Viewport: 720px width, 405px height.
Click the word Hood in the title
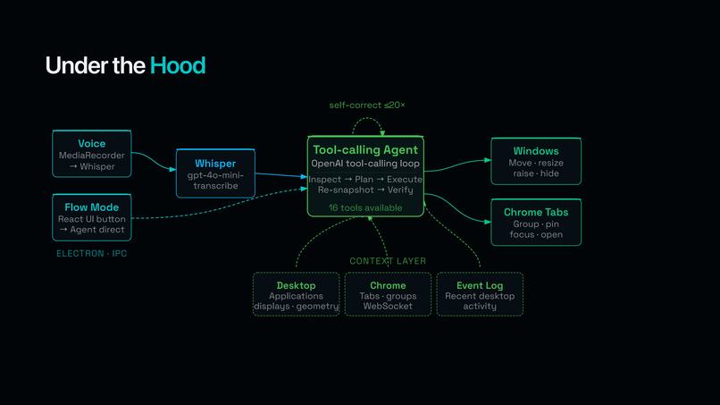[178, 65]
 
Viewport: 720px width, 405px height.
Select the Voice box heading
[91, 143]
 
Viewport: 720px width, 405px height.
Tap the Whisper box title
[214, 164]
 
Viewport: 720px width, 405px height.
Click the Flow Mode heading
[91, 207]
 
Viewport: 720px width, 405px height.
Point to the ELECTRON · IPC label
[91, 254]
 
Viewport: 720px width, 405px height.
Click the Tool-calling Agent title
[365, 150]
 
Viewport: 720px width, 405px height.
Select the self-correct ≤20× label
[366, 105]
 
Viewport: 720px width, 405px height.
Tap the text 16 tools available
[365, 207]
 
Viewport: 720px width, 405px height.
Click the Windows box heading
[536, 151]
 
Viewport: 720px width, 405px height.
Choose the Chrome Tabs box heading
[536, 212]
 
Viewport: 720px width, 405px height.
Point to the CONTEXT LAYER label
[388, 261]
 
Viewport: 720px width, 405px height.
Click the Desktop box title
[296, 285]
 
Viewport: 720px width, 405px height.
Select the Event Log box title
[480, 285]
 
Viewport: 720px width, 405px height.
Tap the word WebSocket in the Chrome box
[388, 306]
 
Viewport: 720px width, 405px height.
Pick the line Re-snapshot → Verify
[365, 190]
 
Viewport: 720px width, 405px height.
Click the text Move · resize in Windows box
[536, 164]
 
